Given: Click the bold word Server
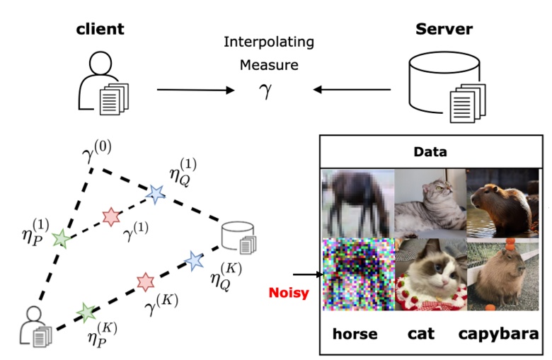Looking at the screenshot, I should click(x=443, y=29).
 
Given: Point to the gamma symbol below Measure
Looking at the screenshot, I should click(x=265, y=91).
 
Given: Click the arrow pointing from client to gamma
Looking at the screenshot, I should click(x=195, y=90).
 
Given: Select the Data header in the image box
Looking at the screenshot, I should click(x=430, y=151).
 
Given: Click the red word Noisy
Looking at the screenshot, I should click(x=289, y=292).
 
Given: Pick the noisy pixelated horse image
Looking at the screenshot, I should click(x=357, y=274).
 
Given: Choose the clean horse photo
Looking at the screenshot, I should click(x=357, y=203).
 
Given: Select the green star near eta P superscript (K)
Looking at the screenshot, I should click(x=86, y=311).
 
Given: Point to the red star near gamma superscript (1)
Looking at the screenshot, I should click(x=110, y=216).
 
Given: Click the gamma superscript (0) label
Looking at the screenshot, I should click(x=98, y=150).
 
